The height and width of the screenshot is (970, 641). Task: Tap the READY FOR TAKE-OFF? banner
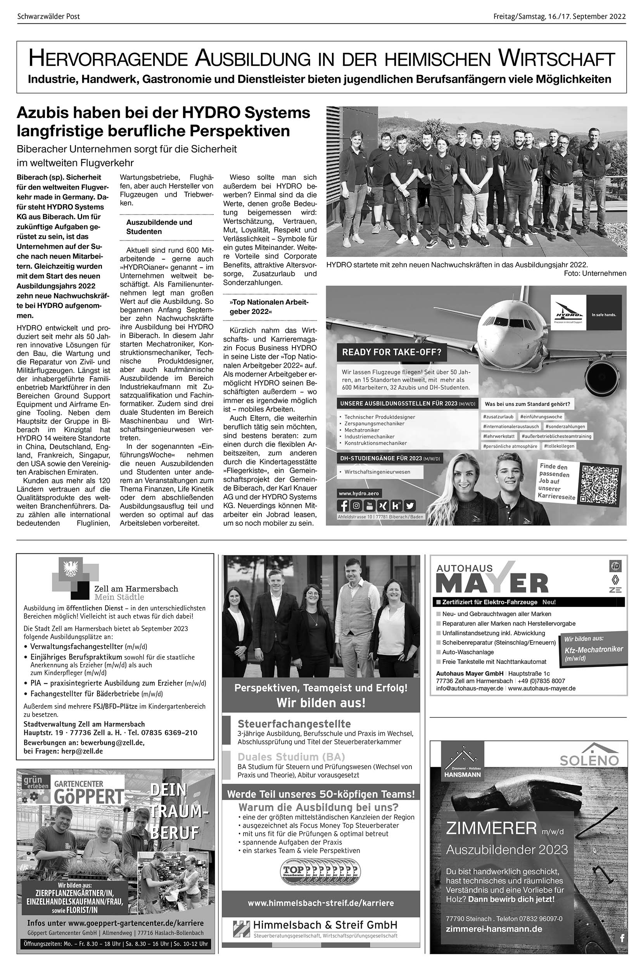392,352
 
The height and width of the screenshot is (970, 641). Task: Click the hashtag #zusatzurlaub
498,416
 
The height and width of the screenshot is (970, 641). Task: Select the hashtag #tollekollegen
559,446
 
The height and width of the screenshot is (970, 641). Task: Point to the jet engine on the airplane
601,373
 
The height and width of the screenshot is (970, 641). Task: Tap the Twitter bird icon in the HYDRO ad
409,506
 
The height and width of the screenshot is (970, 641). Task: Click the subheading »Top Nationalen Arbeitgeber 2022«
269,307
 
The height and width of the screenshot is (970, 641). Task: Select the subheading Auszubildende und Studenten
159,227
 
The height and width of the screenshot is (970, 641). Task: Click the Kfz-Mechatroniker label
594,650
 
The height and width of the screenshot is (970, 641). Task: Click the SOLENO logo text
589,760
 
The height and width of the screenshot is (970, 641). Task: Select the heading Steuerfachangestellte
294,724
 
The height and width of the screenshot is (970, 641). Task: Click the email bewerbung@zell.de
113,742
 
